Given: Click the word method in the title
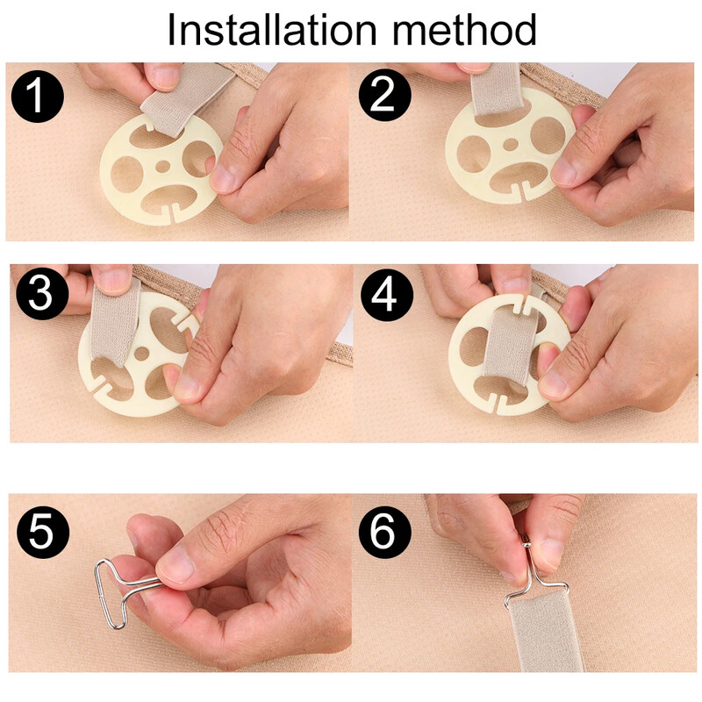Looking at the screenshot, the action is click(464, 30).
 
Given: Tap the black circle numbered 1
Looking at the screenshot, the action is click(37, 96).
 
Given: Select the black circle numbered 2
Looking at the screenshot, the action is click(384, 95).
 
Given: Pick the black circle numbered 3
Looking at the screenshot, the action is click(42, 293).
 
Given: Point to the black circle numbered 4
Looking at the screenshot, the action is click(387, 295).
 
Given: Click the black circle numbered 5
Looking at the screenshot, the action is click(42, 532).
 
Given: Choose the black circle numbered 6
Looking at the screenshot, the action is click(384, 532).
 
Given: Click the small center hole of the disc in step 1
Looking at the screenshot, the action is click(163, 167).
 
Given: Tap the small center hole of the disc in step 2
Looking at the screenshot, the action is click(511, 144).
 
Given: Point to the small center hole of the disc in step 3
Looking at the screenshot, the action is click(142, 354).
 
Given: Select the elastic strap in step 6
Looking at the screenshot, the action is click(545, 631).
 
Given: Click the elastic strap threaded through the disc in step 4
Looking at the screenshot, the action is click(507, 349).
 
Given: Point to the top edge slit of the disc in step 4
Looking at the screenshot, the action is click(521, 304).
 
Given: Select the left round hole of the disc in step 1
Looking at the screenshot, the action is click(126, 175).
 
